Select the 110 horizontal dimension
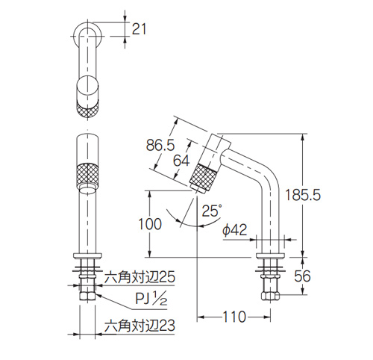coord(233,317)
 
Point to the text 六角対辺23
coord(140,326)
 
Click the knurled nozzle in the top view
coord(87,104)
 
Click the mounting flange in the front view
coord(87,258)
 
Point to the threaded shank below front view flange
coord(87,278)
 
